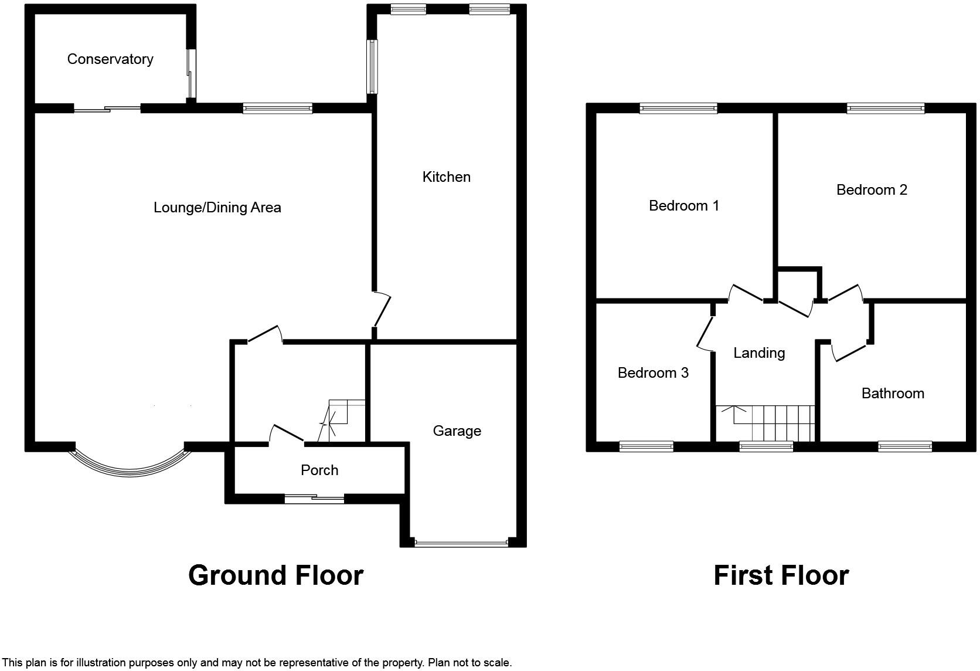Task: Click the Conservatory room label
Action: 110,59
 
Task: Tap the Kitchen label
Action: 446,177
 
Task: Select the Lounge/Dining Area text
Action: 217,208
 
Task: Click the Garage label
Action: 457,431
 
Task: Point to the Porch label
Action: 319,470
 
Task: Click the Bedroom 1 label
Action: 683,206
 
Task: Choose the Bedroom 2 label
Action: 871,190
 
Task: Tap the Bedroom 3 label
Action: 653,373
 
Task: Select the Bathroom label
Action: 892,394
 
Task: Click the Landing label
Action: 758,353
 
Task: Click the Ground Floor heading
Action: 275,575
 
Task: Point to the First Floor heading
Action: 781,575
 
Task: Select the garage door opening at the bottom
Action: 461,543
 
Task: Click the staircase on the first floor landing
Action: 774,422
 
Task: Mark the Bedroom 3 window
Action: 646,447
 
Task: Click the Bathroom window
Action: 904,447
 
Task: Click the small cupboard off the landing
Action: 798,284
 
